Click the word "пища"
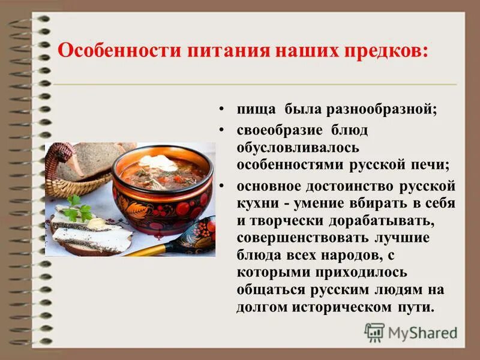coord(256,110)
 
